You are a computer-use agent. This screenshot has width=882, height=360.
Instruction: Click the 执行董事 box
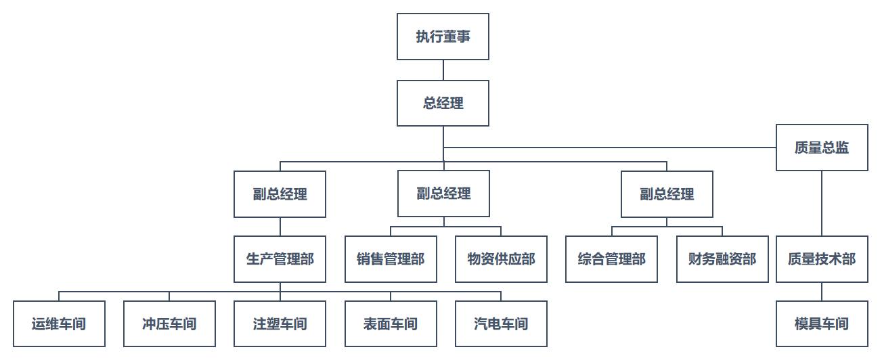point(443,37)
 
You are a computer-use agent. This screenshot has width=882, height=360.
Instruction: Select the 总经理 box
point(443,103)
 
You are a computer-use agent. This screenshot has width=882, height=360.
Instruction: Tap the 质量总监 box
point(822,148)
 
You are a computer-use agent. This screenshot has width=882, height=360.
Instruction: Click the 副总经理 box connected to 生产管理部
point(280,194)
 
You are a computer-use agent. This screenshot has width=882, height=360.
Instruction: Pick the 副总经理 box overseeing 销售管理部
point(443,194)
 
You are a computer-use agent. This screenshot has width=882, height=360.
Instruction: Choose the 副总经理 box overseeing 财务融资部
point(667,194)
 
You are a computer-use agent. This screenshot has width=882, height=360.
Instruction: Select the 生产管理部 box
point(280,259)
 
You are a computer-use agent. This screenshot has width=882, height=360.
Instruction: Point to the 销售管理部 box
point(391,259)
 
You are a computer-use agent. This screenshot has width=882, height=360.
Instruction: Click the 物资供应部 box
point(501,259)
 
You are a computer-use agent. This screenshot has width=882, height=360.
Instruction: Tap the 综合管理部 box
point(611,259)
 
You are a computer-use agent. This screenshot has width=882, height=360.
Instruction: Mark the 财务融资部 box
point(722,259)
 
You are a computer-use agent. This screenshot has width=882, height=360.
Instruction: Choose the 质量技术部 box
point(822,259)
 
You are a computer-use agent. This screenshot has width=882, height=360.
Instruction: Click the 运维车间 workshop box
point(59,324)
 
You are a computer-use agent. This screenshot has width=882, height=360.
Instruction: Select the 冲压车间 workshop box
point(169,324)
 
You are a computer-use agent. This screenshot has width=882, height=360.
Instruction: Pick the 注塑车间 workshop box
point(280,324)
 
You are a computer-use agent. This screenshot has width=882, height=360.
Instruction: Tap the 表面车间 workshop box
point(391,324)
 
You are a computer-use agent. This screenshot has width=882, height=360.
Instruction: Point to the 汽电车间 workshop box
point(501,324)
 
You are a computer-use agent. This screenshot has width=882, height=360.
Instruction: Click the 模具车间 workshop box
point(822,324)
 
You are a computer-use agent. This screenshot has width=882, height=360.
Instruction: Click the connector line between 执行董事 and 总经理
point(443,70)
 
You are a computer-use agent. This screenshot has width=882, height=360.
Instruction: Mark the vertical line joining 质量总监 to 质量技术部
point(822,203)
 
